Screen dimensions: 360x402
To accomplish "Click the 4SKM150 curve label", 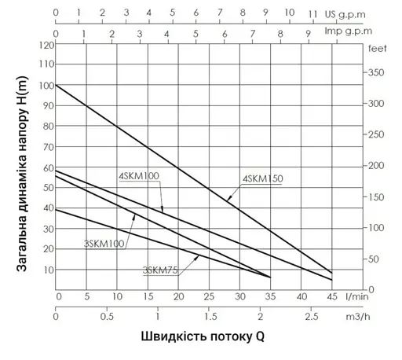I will pos(263,179).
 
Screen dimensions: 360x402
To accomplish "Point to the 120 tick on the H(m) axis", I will pos(47,46).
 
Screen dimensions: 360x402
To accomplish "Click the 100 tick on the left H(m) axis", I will pos(47,85).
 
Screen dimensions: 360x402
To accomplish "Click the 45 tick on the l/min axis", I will pos(331,297).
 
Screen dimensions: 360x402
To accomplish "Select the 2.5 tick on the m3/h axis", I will pos(312,317).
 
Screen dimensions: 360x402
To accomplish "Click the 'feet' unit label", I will pos(376,49).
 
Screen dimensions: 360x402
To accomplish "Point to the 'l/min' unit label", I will pos(359,297).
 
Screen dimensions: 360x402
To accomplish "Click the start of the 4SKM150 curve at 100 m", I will pos(57,84).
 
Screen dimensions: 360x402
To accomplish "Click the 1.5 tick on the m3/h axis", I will pos(210,317).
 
